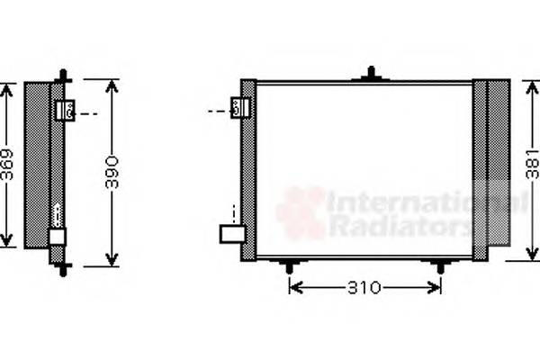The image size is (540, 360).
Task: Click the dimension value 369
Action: [x=7, y=164]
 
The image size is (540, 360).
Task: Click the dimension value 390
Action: [x=112, y=171]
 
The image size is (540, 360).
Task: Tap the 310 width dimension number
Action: [x=365, y=288]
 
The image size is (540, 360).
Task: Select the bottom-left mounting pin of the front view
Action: [x=289, y=266]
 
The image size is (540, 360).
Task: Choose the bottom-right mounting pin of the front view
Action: [x=439, y=266]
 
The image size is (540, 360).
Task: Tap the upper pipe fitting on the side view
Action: [x=65, y=111]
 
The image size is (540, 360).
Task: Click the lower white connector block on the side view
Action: [x=57, y=237]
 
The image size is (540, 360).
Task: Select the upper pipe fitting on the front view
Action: [x=238, y=108]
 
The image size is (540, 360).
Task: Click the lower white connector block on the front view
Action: [x=233, y=234]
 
